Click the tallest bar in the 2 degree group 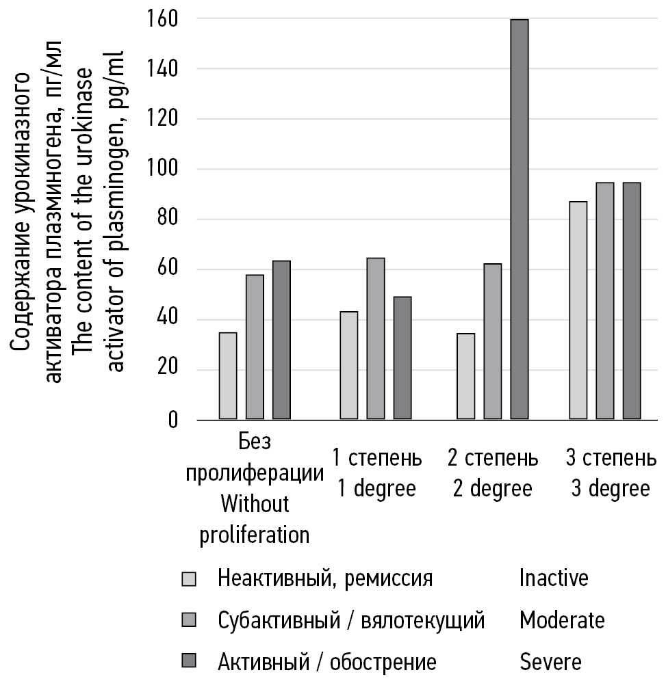tap(520, 219)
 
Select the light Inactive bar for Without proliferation tap(228, 375)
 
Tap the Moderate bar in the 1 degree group tap(376, 338)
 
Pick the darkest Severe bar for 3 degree tap(632, 301)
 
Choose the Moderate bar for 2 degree tap(493, 341)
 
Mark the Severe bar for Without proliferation tap(281, 340)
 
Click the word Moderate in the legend tap(562, 620)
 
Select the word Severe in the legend tap(550, 661)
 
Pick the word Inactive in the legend tap(554, 578)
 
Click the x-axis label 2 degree tap(493, 490)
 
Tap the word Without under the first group tap(255, 505)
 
